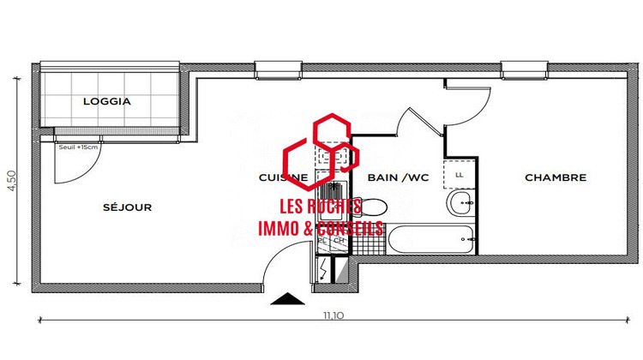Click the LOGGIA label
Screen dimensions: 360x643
point(107,101)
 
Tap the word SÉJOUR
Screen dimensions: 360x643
point(128,207)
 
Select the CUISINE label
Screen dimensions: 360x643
point(283,178)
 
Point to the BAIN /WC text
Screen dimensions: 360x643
point(397,178)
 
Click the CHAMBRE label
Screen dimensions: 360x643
point(556,178)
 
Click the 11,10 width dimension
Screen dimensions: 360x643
point(334,315)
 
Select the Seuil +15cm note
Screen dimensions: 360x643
point(76,147)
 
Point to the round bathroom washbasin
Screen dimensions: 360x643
point(460,204)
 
